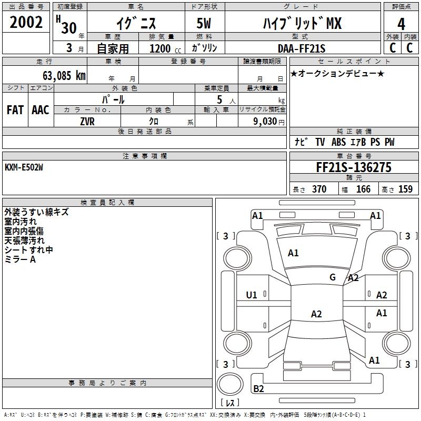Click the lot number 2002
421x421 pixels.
coord(26,22)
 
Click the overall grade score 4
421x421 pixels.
coord(401,24)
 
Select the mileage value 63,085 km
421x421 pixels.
coord(64,76)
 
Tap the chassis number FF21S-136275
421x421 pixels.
coord(354,167)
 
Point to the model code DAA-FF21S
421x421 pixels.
coord(302,48)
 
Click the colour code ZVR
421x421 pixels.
coord(87,122)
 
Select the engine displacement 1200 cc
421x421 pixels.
coord(165,48)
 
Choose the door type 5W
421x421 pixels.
coord(204,23)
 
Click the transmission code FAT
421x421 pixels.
coord(15,110)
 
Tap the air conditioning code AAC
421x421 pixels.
coord(41,110)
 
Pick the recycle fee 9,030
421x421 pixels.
coord(265,122)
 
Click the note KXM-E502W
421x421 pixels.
coord(24,167)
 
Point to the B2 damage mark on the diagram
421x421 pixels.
coord(258,388)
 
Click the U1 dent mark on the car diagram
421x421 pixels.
coord(252,295)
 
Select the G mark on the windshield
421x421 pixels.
coord(333,277)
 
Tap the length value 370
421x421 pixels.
coord(319,189)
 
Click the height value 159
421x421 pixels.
coord(405,189)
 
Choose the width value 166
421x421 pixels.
coord(363,189)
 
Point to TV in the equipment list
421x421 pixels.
coord(320,142)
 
